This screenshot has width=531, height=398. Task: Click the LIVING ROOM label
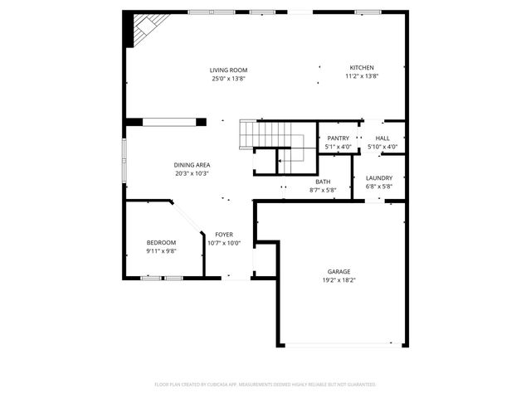pos(228,70)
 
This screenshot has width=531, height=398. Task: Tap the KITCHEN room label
pos(361,67)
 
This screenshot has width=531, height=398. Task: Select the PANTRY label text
pos(338,138)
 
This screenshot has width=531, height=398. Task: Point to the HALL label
pos(382,138)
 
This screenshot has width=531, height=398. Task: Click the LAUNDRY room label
pos(379,178)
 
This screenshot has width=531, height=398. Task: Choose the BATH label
pos(324,182)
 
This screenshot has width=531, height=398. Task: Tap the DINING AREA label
pos(192,165)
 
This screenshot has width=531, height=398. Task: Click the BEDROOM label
pos(161,242)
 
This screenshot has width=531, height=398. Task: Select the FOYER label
pos(223,235)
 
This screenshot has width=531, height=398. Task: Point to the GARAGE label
pos(339,271)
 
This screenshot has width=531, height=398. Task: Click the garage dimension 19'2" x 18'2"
pos(339,280)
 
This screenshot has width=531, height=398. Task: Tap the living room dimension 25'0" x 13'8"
pos(228,79)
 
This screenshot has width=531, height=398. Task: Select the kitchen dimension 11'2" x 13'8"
pos(361,76)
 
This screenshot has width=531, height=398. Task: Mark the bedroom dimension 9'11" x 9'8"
pos(161,250)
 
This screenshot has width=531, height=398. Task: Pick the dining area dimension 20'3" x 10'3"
pos(192,174)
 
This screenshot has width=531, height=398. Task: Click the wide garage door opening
pos(343,345)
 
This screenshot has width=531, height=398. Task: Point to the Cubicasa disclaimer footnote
pos(265,385)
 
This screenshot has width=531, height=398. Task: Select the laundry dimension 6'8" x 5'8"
pos(379,187)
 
